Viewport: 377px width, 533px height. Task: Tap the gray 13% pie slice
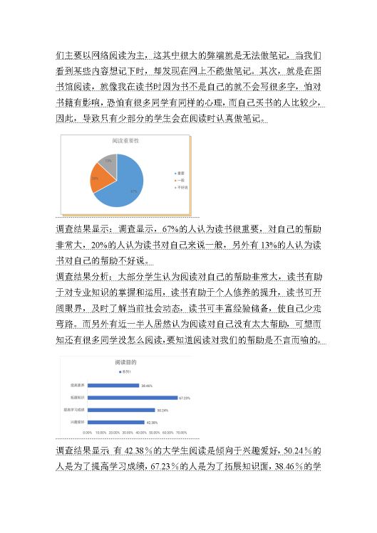(x=107, y=162)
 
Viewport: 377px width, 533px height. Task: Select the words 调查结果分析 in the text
(x=86, y=275)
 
